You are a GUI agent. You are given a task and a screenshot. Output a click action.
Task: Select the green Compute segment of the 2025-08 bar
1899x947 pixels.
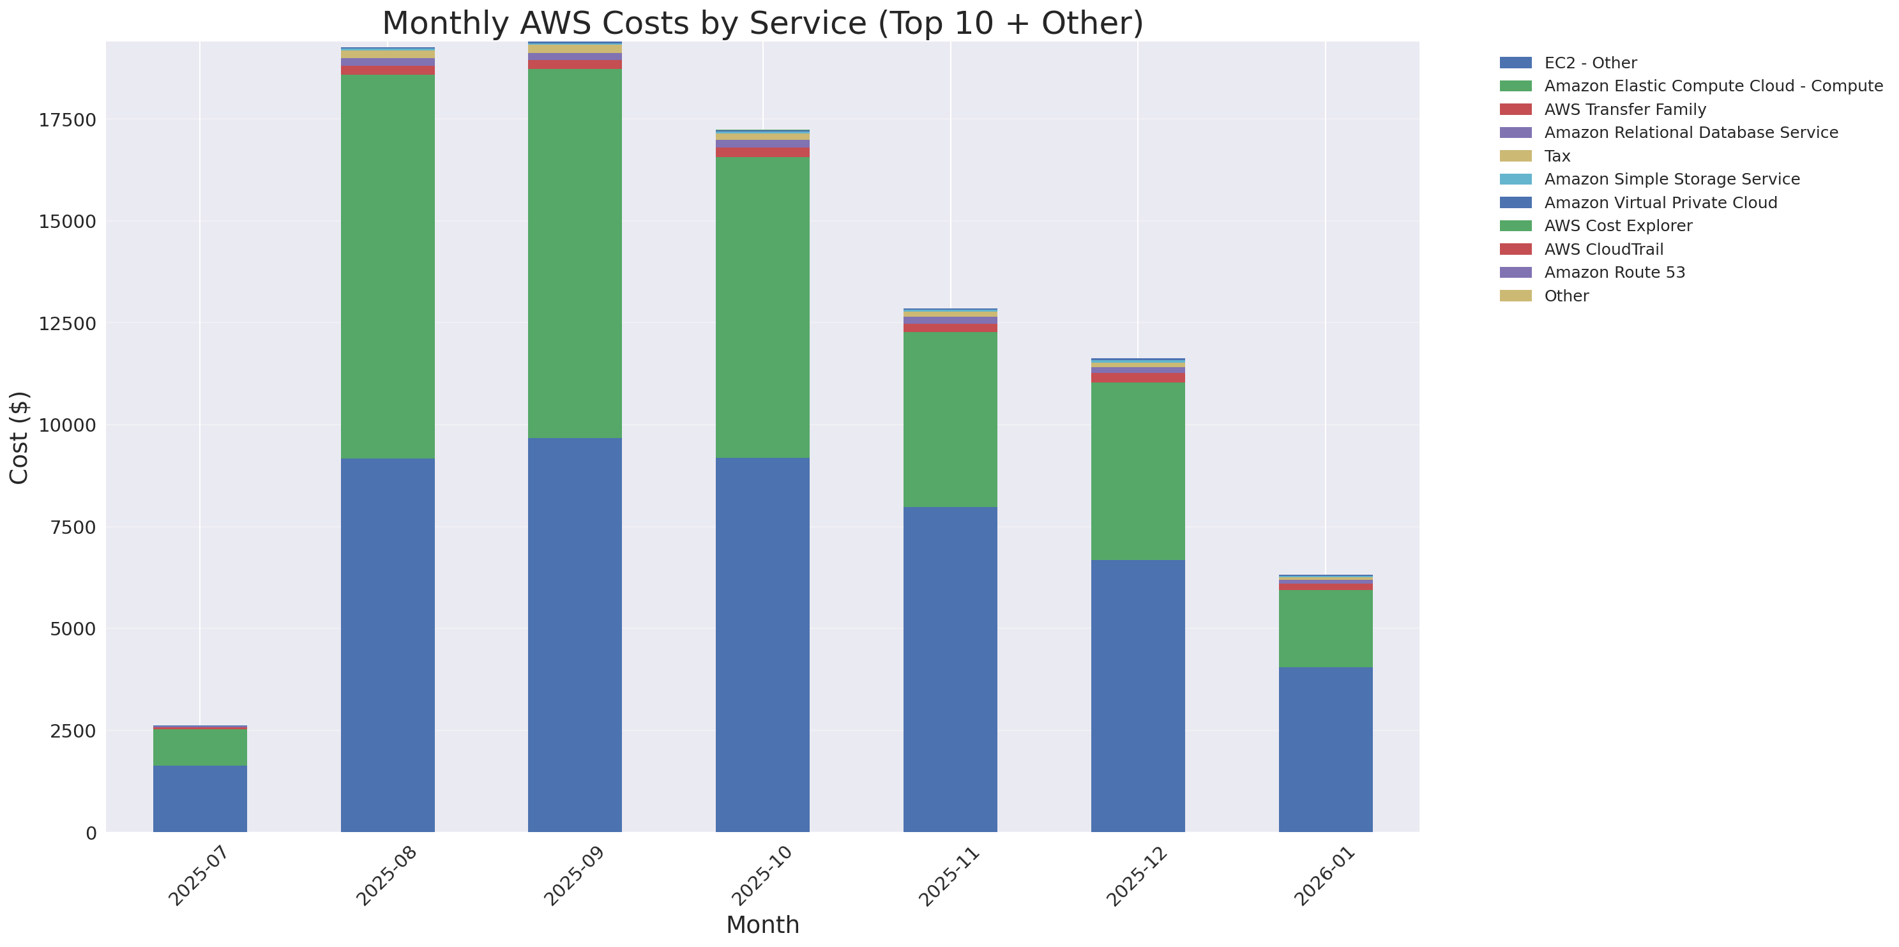pos(387,265)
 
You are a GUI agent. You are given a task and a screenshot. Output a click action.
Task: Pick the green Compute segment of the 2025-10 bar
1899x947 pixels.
pos(762,307)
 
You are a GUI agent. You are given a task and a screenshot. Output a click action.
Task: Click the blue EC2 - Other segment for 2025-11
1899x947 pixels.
pos(950,669)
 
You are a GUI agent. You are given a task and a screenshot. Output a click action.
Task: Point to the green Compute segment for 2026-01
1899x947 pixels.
pos(1326,628)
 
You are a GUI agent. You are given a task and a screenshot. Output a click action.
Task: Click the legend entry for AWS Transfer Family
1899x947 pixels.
pos(1625,110)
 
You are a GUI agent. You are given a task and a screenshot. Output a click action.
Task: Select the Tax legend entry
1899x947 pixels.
pos(1557,156)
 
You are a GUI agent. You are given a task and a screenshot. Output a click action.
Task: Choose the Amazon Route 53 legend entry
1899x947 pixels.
pos(1614,273)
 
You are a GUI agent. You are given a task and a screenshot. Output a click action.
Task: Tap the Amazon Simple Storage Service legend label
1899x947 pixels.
pos(1672,179)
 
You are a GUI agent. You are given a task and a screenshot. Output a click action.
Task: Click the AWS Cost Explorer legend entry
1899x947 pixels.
pos(1618,225)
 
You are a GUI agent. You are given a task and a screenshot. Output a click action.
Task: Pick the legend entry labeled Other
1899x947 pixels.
pos(1566,296)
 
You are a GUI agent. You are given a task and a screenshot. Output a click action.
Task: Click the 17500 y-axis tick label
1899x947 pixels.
pos(67,120)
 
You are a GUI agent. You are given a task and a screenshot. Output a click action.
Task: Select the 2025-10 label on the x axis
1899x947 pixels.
pos(762,876)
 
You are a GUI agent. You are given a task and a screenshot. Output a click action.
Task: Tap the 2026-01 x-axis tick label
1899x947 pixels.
pos(1325,876)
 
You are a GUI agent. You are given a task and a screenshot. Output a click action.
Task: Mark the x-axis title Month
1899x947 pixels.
pos(762,925)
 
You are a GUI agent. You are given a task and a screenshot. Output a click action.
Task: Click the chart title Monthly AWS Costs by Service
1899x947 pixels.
pos(762,23)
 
